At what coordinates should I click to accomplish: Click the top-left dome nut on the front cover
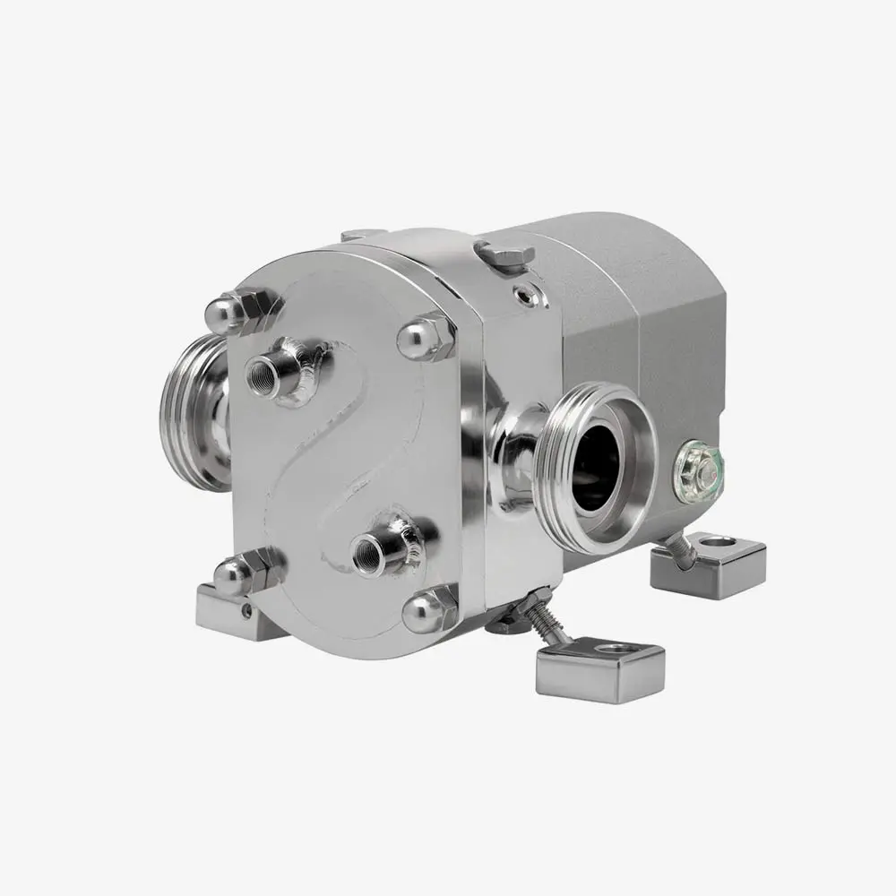[226, 311]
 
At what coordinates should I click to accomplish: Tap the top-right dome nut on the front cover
[419, 338]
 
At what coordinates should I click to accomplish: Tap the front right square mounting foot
[600, 668]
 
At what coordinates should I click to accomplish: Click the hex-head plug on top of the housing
[504, 254]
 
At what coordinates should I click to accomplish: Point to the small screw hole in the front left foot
[247, 611]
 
